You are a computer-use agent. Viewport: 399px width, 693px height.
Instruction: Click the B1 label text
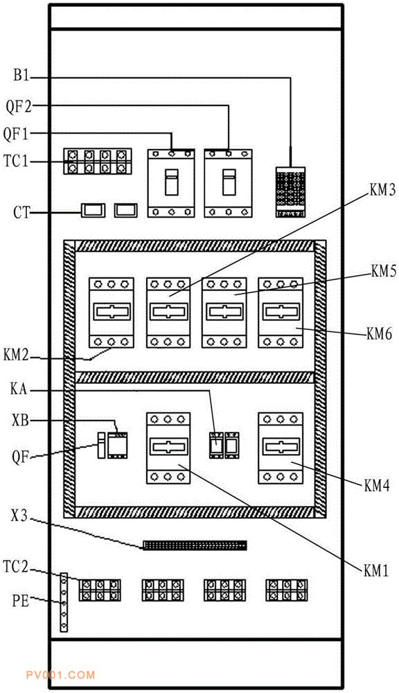point(20,76)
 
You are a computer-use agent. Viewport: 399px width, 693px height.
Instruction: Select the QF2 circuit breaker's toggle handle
point(229,182)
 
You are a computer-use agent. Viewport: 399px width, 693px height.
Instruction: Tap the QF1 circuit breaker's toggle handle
point(171,182)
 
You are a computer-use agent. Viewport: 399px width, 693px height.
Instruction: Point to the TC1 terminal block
point(98,161)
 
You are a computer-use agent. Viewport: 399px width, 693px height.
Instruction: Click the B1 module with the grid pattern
point(290,192)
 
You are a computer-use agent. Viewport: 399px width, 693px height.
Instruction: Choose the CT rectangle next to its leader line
point(94,211)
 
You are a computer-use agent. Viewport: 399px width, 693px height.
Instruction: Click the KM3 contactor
point(168,313)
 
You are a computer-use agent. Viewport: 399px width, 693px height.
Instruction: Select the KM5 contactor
point(224,313)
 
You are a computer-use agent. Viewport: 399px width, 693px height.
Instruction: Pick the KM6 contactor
point(281,313)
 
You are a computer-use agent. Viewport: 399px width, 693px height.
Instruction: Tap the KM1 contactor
point(168,448)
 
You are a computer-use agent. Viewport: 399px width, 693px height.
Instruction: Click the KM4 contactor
point(281,448)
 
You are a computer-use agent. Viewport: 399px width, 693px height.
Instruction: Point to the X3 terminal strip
point(195,545)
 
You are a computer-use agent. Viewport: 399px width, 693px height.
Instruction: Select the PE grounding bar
point(64,602)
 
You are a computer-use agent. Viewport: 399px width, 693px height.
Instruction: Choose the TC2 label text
point(16,567)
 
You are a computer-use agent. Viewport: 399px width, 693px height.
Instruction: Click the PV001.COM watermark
point(60,675)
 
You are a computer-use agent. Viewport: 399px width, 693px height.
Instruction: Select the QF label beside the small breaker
point(20,457)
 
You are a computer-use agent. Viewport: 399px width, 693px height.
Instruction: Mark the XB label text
point(20,421)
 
